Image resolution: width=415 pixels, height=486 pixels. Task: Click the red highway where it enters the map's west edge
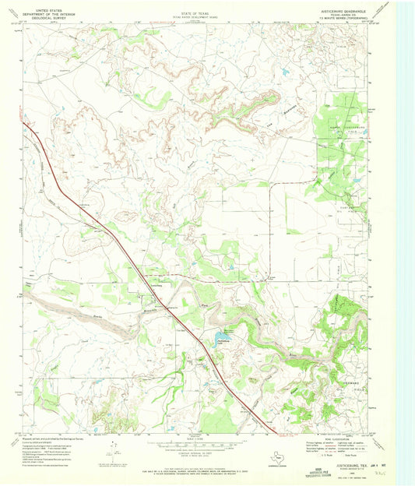click(26, 123)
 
